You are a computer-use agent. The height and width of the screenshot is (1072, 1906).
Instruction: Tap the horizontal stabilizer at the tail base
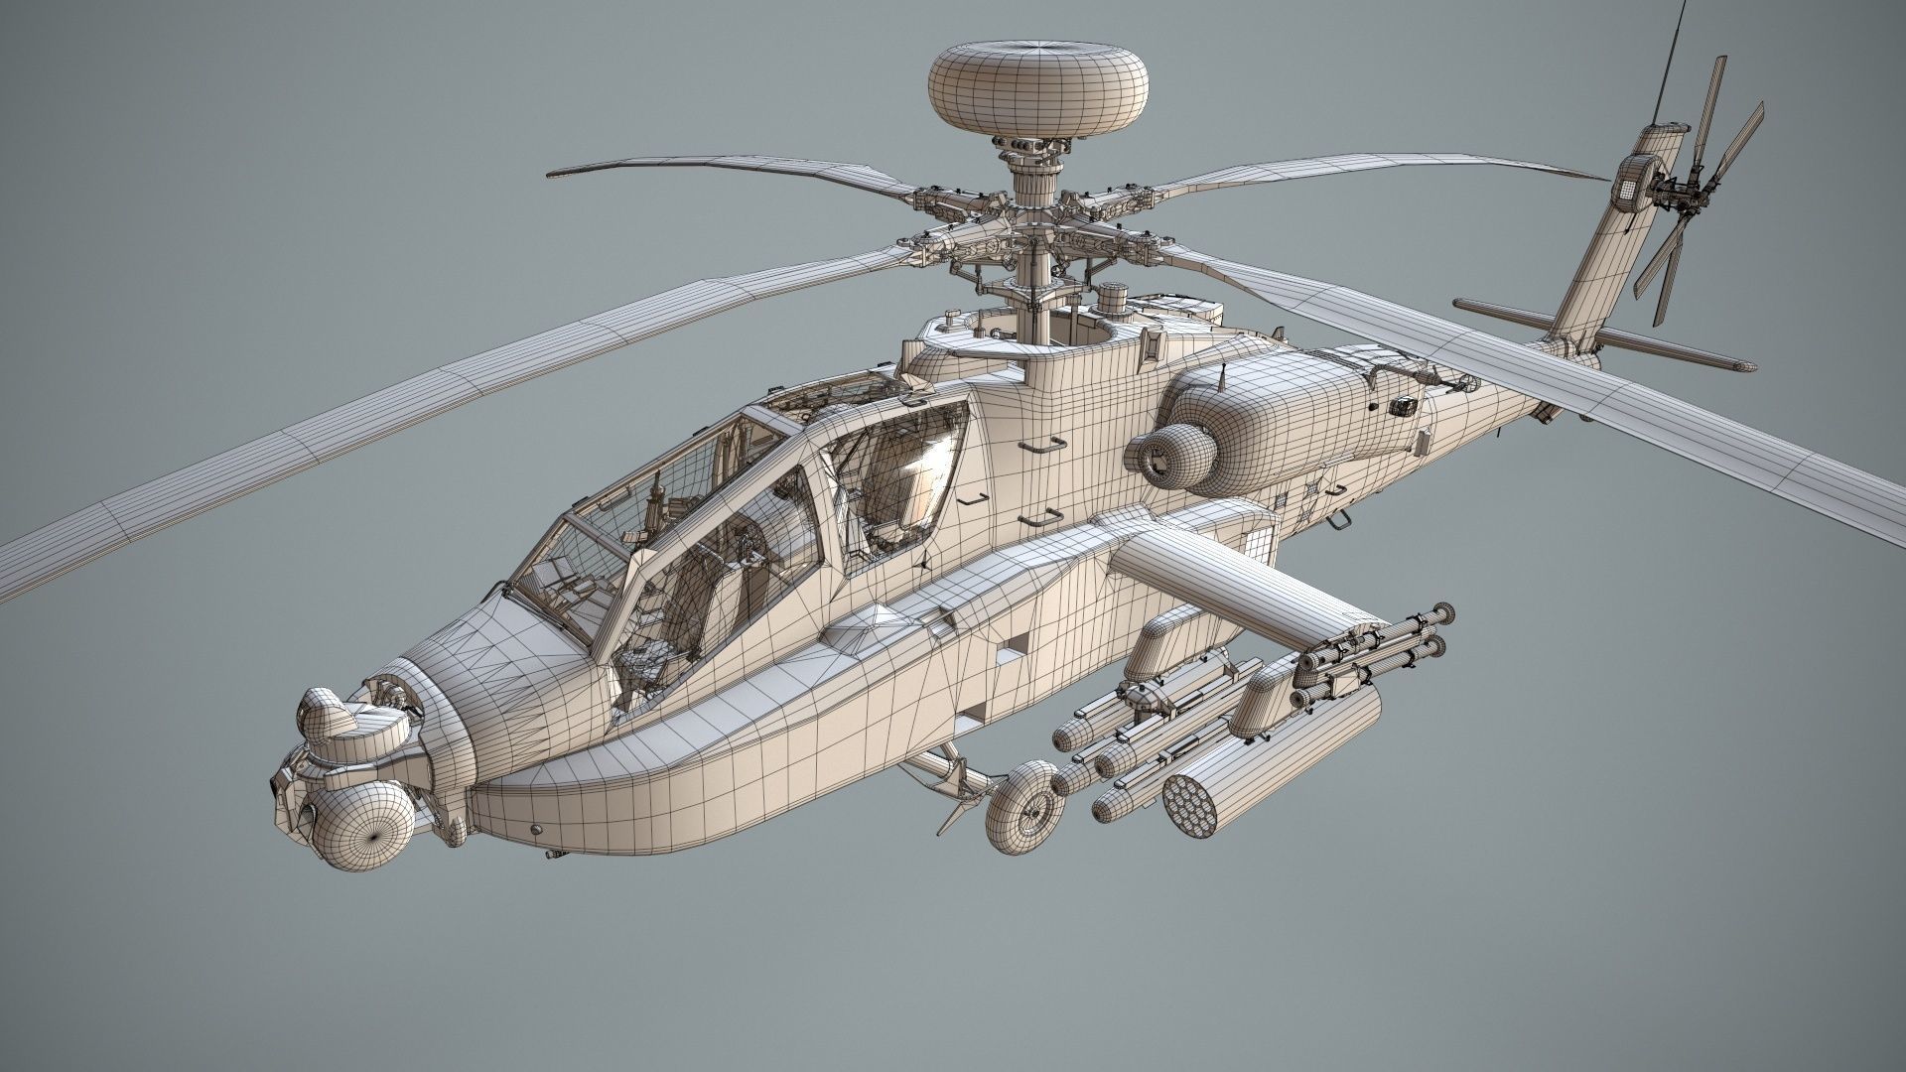click(x=1648, y=347)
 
